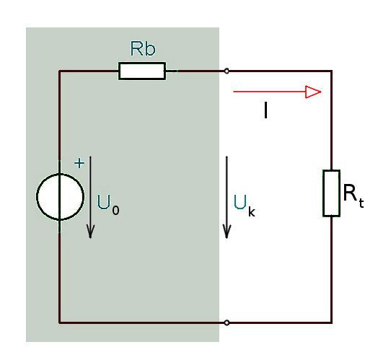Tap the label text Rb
[x=143, y=48]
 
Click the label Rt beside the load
[x=353, y=196]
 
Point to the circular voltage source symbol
[x=37, y=196]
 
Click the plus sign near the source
[x=79, y=163]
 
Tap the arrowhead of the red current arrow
[x=313, y=92]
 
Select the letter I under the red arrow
[x=265, y=110]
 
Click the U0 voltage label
[x=107, y=204]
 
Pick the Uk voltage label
[x=245, y=205]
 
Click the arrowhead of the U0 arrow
[x=90, y=232]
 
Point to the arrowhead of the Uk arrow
[x=227, y=232]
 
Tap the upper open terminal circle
[x=227, y=71]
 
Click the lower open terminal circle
[x=227, y=322]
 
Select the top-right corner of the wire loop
[x=332, y=71]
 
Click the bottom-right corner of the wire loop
[x=332, y=322]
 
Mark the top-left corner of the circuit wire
[x=60, y=71]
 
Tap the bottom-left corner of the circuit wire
[x=60, y=322]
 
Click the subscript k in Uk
[x=252, y=211]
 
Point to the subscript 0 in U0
[x=115, y=210]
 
